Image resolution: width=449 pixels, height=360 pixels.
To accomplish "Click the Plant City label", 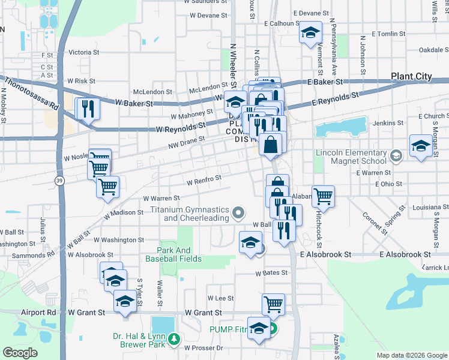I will pyautogui.click(x=411, y=76).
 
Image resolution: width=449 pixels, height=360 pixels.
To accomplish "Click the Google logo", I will pyautogui.click(x=20, y=353).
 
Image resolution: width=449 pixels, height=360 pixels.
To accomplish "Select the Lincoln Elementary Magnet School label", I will pyautogui.click(x=351, y=157).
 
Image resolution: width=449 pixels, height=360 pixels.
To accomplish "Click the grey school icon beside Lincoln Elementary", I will pyautogui.click(x=396, y=156).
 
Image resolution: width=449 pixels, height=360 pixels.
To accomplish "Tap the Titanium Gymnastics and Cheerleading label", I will pyautogui.click(x=190, y=214).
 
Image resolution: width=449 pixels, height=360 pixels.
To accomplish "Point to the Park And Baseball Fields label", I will pyautogui.click(x=174, y=254).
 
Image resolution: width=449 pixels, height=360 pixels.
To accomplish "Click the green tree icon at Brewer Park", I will pyautogui.click(x=174, y=340).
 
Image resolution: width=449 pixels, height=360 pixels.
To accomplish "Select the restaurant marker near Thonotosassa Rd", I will pyautogui.click(x=88, y=109).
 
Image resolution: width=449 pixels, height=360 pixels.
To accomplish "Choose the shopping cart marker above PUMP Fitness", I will pyautogui.click(x=273, y=304).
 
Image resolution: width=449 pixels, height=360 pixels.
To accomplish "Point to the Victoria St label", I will pyautogui.click(x=84, y=53).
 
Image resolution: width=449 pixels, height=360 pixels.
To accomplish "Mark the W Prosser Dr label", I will pyautogui.click(x=203, y=348).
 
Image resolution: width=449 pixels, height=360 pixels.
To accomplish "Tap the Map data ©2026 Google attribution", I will pyautogui.click(x=412, y=355).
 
